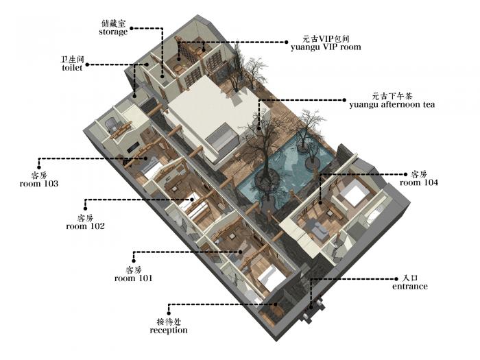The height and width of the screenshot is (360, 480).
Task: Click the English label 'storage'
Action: point(113,32)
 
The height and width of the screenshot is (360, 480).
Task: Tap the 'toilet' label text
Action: point(72,68)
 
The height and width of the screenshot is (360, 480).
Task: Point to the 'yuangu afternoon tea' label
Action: point(392,105)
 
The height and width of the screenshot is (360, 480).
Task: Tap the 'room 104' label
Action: point(419,182)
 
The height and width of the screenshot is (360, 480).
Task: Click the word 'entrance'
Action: point(410,286)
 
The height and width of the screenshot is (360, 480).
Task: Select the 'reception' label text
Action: point(169,330)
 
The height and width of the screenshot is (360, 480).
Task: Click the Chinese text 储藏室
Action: point(113,23)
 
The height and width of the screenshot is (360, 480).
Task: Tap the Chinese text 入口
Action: point(410,278)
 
